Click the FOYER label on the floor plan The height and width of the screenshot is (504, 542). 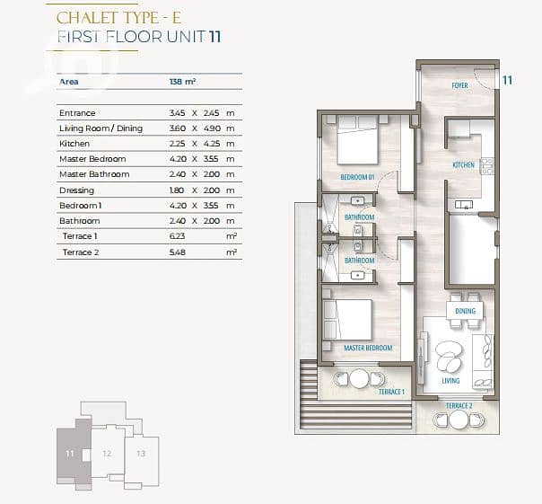tap(459, 85)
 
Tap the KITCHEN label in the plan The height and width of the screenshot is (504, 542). tap(464, 164)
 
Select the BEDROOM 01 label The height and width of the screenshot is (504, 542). tap(357, 177)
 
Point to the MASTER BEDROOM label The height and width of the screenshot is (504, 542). tap(368, 348)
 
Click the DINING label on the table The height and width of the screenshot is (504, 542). tap(465, 311)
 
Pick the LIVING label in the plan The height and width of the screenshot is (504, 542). tap(450, 381)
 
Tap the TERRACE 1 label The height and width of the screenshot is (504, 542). tap(391, 392)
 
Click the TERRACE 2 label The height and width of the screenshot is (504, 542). tap(459, 406)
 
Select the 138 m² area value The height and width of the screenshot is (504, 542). tap(182, 82)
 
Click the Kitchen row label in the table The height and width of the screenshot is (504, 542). tap(74, 144)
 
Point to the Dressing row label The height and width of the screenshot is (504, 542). tap(76, 190)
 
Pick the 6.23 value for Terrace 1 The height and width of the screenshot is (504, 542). tap(178, 236)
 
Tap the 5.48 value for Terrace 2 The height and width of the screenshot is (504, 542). tap(178, 252)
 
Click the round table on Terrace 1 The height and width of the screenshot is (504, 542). tap(360, 379)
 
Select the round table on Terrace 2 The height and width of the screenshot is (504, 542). tap(459, 420)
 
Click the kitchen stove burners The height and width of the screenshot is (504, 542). tap(487, 166)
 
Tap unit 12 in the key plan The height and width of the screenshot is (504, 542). tap(107, 453)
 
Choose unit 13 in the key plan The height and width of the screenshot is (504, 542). tap(141, 454)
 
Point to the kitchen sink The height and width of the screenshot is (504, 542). tap(464, 205)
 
